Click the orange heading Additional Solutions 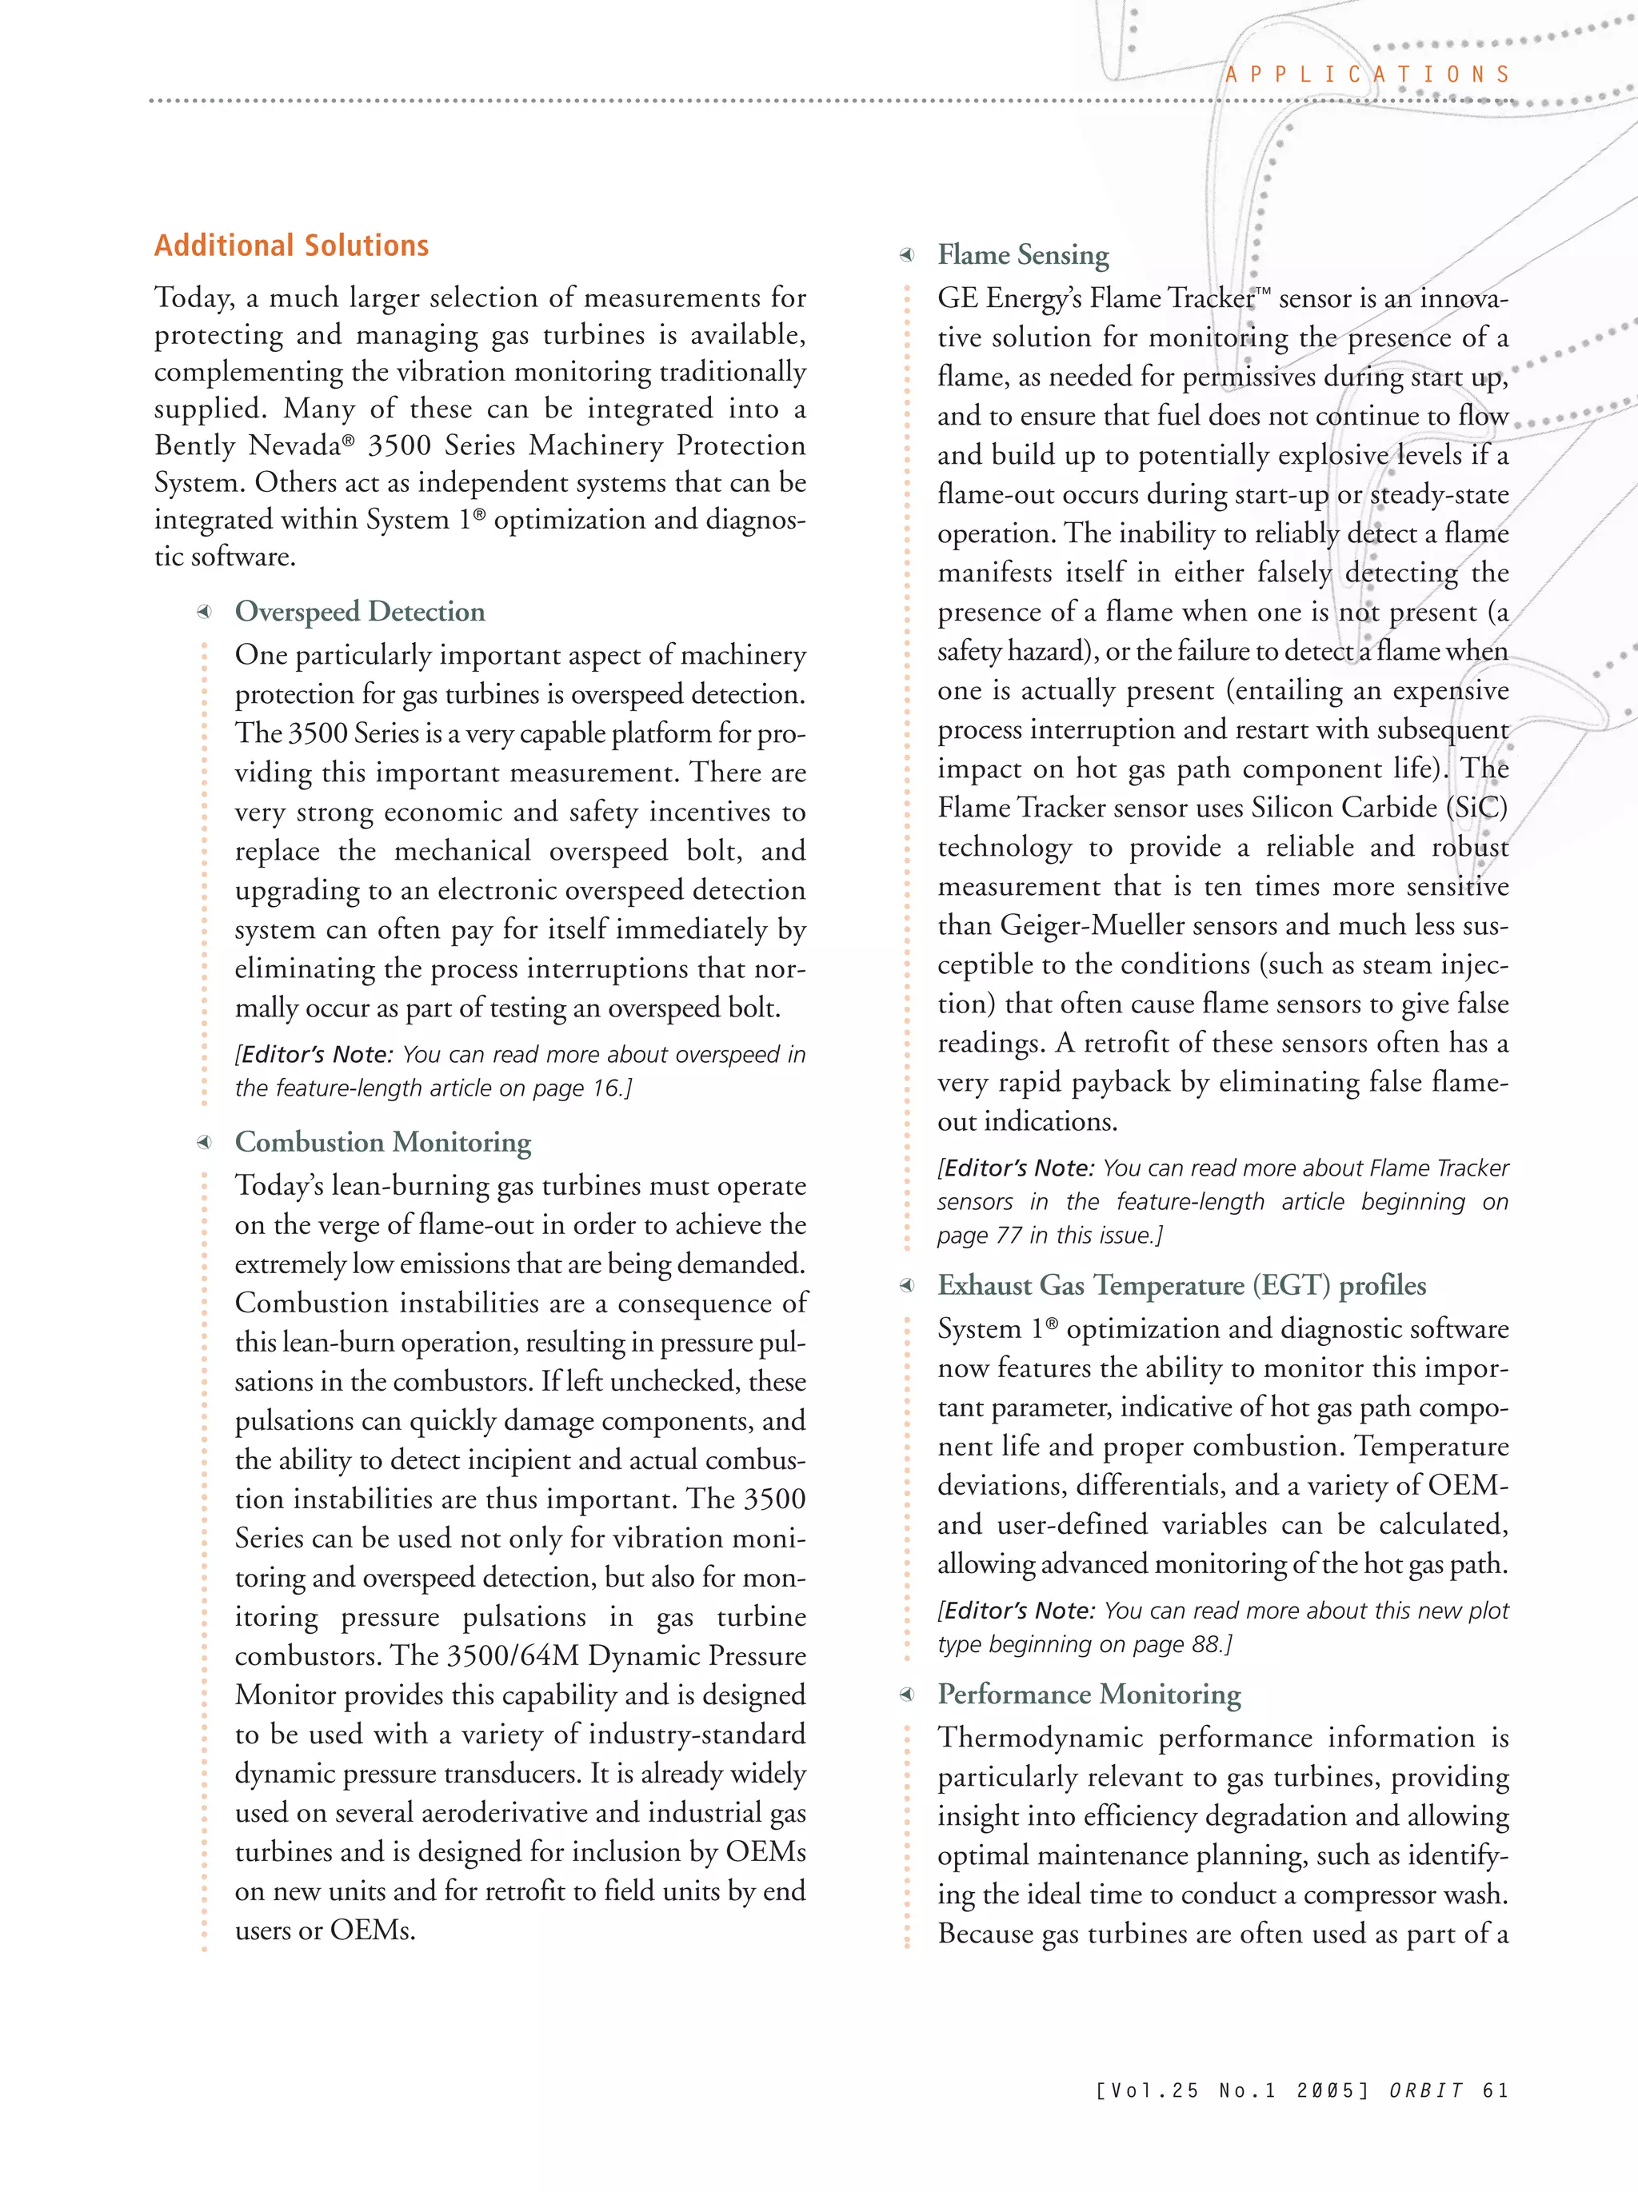point(291,246)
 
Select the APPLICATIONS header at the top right point(1367,74)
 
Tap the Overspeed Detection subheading point(360,612)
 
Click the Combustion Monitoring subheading point(382,1142)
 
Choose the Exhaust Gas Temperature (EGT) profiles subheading point(1181,1285)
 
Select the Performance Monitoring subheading point(1089,1694)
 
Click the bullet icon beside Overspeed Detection point(204,612)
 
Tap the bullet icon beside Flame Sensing point(905,256)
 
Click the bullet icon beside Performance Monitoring point(905,1695)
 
